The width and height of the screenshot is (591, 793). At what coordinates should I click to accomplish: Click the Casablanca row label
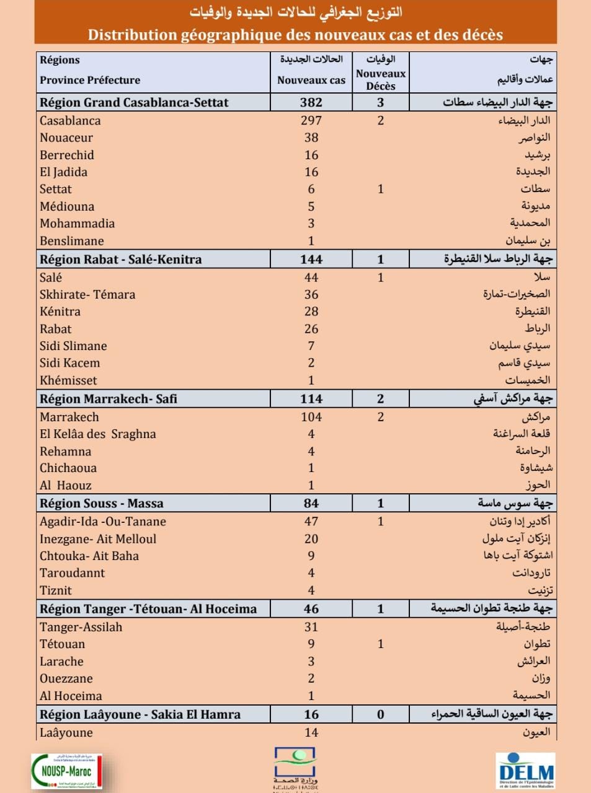pos(70,121)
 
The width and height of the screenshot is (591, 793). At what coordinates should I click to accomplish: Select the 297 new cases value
pos(311,121)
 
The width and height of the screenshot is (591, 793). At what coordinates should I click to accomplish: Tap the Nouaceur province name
pos(66,138)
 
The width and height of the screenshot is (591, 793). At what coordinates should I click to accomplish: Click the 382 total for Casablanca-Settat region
pos(311,103)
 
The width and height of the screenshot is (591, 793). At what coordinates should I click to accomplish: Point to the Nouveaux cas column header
pos(311,80)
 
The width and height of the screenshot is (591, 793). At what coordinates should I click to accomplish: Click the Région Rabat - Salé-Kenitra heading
pos(121,260)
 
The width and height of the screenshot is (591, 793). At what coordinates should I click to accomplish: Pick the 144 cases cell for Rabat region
pos(311,260)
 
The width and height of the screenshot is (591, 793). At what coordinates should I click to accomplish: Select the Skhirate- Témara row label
pos(87,294)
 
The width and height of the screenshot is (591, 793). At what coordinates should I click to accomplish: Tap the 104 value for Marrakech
pos(311,417)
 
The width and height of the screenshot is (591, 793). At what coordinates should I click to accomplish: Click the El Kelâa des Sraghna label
pos(98,434)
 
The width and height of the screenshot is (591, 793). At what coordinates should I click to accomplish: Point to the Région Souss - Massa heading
pos(102,504)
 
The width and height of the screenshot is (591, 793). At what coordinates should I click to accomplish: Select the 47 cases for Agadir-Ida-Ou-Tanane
pos(311,522)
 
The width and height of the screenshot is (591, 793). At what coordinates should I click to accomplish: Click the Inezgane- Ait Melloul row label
pos(98,539)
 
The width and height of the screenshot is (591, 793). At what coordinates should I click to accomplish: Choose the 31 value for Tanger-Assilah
pos(311,627)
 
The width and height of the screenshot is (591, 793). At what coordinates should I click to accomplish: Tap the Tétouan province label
pos(62,644)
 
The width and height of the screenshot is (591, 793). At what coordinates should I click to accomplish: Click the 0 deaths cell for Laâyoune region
pos(381,714)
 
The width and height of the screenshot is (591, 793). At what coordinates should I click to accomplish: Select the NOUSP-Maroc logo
pos(66,771)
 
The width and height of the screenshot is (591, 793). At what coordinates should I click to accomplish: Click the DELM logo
pos(526,771)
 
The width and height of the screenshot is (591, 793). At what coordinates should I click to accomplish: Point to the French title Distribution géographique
pos(295,35)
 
